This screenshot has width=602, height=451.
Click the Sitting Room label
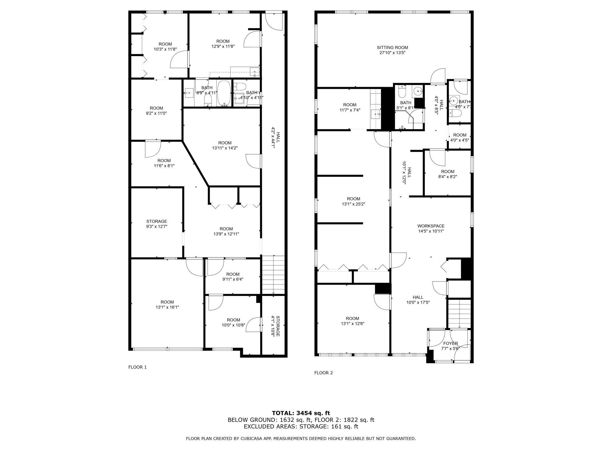pyautogui.click(x=392, y=47)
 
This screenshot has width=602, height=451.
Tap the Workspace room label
pyautogui.click(x=431, y=226)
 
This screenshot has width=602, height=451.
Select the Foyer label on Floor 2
pyautogui.click(x=450, y=343)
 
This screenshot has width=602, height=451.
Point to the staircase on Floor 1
pyautogui.click(x=273, y=275)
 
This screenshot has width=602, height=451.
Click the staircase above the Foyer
pyautogui.click(x=459, y=313)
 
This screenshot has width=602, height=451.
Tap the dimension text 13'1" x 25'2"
pyautogui.click(x=353, y=204)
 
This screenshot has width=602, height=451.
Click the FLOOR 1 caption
pyautogui.click(x=137, y=367)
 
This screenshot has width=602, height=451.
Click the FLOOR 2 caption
pyautogui.click(x=324, y=373)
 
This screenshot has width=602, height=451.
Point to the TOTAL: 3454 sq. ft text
pyautogui.click(x=301, y=413)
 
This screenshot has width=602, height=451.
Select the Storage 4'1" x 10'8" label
pyautogui.click(x=275, y=326)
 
